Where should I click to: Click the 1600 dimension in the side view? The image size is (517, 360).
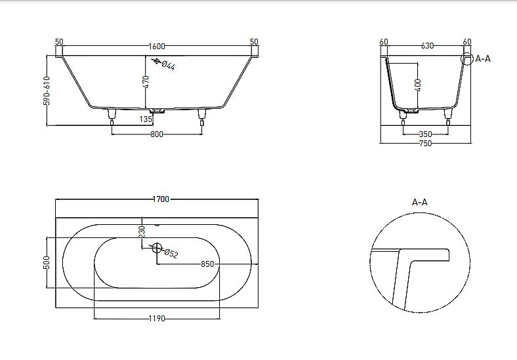click(157, 46)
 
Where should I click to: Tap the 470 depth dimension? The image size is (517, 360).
click(146, 81)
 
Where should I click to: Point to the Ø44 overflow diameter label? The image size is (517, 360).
click(167, 65)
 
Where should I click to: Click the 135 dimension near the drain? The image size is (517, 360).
click(146, 119)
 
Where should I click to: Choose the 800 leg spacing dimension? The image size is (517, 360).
click(156, 134)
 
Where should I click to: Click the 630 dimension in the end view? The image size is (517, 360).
click(426, 45)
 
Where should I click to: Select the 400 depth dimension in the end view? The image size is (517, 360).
click(418, 85)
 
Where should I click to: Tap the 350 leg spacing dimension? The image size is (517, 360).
click(424, 134)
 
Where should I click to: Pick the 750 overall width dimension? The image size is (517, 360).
click(425, 144)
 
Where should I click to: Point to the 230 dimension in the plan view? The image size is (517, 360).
click(141, 231)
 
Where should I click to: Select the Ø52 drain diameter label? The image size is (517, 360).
click(171, 253)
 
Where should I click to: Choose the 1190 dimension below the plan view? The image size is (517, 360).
click(156, 319)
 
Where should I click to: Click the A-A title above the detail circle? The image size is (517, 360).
click(420, 202)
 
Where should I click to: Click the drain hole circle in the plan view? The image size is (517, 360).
click(156, 248)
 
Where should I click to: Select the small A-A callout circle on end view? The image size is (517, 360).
click(467, 60)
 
